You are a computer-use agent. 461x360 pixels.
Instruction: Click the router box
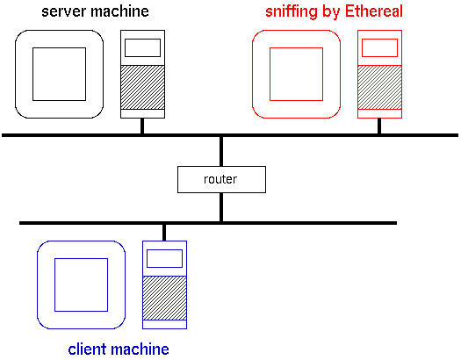pos(221,179)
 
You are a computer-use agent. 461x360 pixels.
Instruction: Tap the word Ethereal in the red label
pos(373,11)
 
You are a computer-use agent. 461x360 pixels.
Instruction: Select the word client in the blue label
pos(87,349)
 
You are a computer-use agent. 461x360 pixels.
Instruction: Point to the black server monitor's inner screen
pos(59,74)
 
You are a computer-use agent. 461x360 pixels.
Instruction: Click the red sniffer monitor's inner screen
pos(297,74)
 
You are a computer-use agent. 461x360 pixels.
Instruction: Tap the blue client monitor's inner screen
pos(81,284)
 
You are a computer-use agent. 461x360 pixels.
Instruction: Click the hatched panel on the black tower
pos(142,87)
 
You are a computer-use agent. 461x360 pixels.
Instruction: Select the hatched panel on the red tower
pos(379,87)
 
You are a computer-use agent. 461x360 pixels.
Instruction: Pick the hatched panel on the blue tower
pos(165,298)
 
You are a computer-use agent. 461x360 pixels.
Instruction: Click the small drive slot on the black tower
pos(142,47)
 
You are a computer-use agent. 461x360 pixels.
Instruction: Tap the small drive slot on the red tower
pos(379,47)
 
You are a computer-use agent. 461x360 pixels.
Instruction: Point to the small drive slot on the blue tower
pos(165,258)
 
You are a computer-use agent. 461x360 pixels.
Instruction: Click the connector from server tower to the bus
pos(142,126)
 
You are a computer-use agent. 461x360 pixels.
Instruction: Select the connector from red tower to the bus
pos(379,126)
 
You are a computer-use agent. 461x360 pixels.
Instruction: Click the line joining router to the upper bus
pos(221,151)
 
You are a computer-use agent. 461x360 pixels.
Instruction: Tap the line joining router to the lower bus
pos(221,207)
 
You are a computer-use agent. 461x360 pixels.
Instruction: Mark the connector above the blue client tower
pos(164,233)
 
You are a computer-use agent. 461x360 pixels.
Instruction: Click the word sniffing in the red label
pos(291,11)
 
